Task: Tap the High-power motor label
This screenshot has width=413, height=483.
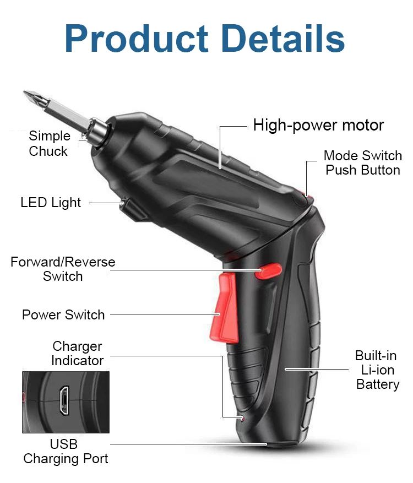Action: pos(318,126)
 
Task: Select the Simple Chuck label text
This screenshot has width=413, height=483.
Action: pos(49,144)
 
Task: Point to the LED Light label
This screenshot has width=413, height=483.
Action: pos(51,203)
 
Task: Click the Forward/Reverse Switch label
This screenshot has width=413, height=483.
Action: pos(63,269)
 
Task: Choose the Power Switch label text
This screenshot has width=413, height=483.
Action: pos(63,315)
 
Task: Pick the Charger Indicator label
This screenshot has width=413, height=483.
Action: pos(77,354)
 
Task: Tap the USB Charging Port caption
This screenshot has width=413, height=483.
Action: pos(65,451)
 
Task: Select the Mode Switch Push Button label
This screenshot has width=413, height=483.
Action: pos(362,163)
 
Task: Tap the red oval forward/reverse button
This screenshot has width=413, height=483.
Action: pos(270,270)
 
